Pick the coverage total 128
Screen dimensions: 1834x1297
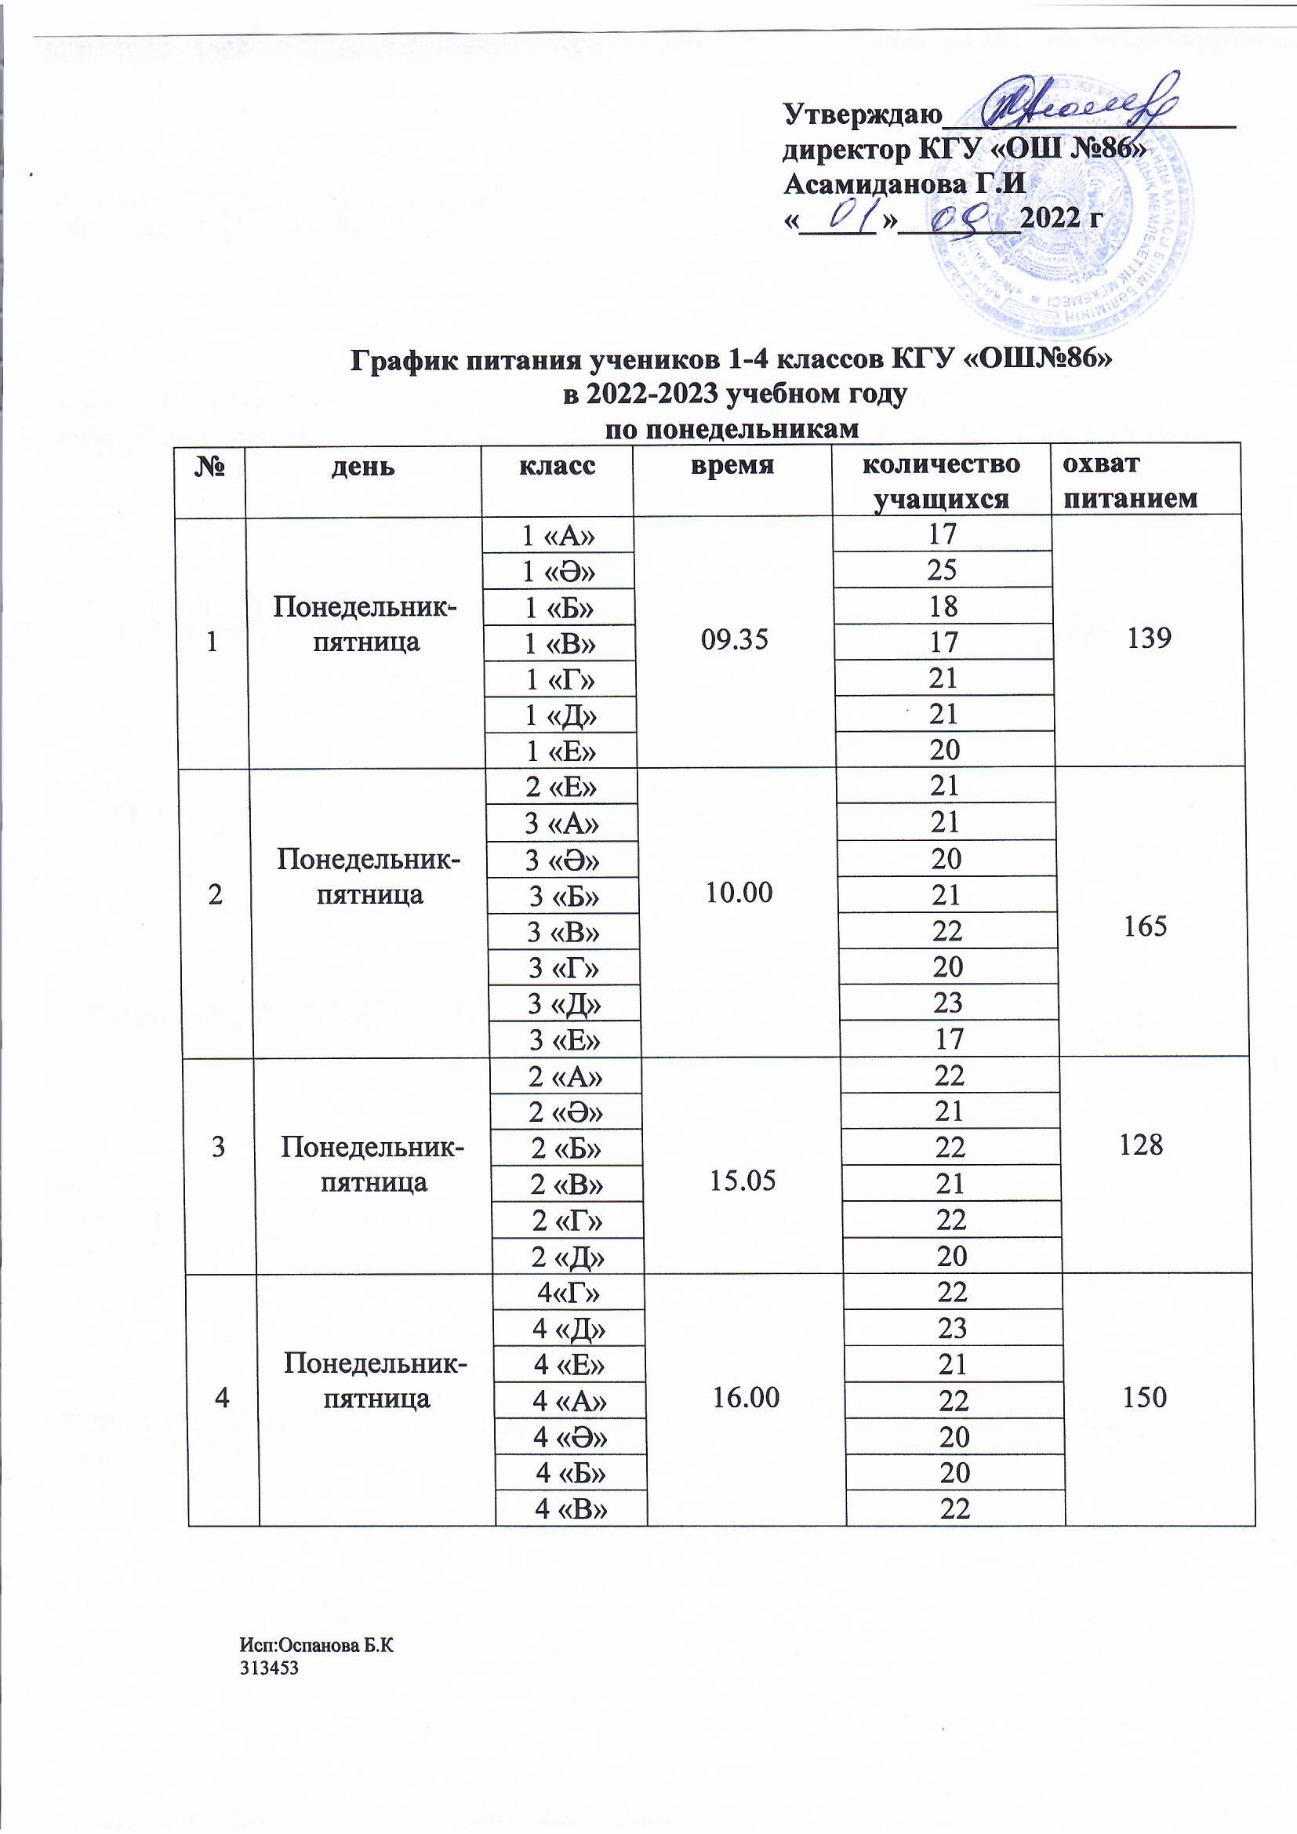click(x=1141, y=1144)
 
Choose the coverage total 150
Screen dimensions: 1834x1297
click(x=1144, y=1396)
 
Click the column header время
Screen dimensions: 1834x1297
click(x=732, y=466)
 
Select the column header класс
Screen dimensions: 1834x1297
click(x=558, y=466)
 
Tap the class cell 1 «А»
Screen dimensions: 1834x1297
click(x=559, y=535)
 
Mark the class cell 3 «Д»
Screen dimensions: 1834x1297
click(x=565, y=1003)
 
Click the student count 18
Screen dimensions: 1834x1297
click(x=943, y=606)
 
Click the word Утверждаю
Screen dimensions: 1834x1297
click(x=862, y=115)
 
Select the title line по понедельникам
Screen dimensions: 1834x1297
click(x=732, y=430)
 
